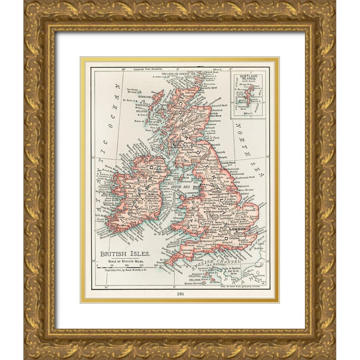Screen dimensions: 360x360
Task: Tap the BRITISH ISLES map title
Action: (x=125, y=253)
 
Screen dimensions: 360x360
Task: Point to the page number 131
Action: (x=180, y=293)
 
